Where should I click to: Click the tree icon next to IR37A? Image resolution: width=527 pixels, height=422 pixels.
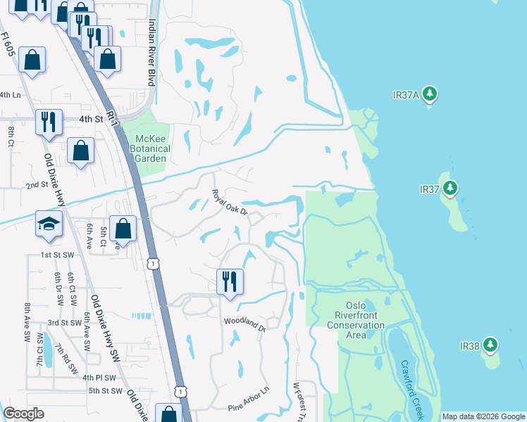pos(431,94)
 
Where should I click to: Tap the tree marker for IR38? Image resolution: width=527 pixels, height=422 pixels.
pos(491,345)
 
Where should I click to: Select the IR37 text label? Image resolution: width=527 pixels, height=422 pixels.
pos(429,189)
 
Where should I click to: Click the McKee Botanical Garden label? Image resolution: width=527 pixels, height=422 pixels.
pos(149,148)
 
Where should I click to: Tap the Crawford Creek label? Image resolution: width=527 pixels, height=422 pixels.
pos(416,387)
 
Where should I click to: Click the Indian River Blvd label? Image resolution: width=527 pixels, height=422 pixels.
pos(151,53)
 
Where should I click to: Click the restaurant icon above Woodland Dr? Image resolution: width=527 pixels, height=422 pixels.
pos(230,281)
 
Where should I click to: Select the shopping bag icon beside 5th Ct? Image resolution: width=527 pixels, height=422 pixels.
pos(123,229)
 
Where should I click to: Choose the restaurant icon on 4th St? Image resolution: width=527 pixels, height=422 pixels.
pos(49,121)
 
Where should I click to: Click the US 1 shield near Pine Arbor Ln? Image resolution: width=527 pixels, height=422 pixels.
pos(181,390)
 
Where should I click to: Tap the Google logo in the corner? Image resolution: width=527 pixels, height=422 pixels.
pos(23,414)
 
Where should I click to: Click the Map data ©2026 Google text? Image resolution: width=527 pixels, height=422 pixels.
pos(483,416)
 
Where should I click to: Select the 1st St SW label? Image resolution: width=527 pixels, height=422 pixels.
pos(58,254)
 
